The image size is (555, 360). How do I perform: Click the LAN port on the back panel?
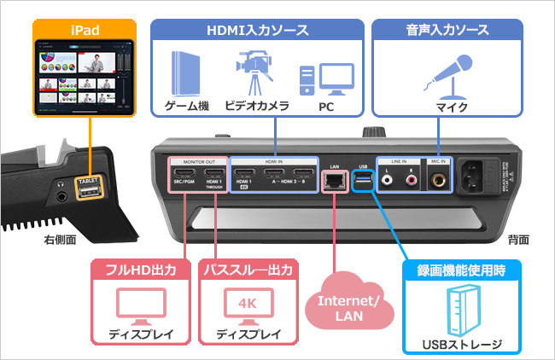point(333,180)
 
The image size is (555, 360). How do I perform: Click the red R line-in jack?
point(412,180)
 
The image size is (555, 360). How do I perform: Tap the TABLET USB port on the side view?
point(90,195)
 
